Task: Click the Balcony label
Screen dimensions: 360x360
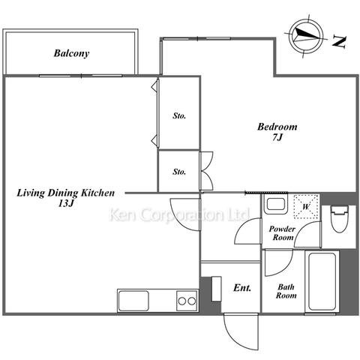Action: [71, 53]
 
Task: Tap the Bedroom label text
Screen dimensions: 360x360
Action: [277, 127]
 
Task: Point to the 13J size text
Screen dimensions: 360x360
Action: [66, 203]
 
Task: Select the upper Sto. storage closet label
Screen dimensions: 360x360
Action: [179, 115]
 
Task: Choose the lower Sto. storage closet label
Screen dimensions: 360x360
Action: [179, 172]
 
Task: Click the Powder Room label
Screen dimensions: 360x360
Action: [282, 233]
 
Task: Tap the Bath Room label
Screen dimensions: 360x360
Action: [286, 291]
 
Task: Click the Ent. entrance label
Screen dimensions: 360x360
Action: [242, 288]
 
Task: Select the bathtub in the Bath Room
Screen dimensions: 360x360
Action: [322, 281]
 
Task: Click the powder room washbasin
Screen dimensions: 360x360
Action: [275, 204]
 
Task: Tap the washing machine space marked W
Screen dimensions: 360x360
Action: [306, 207]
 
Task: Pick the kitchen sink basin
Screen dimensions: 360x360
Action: [133, 301]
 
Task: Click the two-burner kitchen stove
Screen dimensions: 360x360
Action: [187, 301]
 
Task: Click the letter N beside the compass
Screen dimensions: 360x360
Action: [339, 42]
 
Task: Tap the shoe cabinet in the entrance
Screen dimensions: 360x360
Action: [217, 289]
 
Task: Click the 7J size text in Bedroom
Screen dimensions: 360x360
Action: [277, 137]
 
